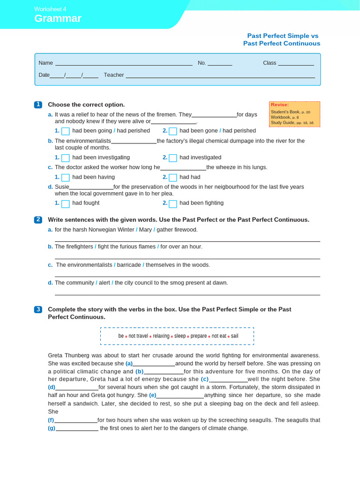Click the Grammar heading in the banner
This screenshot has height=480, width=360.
58,19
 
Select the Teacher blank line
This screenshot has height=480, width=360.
220,76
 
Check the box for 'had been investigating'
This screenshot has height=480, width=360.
66,158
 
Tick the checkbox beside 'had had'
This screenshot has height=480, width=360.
173,178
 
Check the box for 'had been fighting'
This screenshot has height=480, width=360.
173,204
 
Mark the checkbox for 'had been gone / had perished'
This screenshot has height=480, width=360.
173,131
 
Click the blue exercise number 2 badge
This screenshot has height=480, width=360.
38,220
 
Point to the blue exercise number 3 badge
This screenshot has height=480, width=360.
38,309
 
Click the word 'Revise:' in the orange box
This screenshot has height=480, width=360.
280,105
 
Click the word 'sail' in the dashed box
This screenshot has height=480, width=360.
234,336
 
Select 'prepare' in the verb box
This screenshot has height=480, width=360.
199,336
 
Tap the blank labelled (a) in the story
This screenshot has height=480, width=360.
154,364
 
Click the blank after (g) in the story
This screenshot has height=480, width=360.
77,429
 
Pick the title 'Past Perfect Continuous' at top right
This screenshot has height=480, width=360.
281,44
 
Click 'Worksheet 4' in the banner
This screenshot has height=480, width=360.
50,9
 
